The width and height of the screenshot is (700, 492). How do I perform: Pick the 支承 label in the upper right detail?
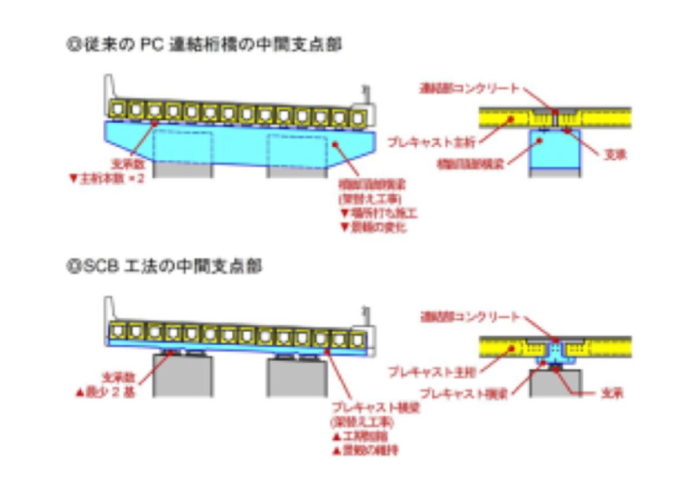(616, 153)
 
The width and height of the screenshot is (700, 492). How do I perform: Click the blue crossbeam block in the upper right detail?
(555, 153)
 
